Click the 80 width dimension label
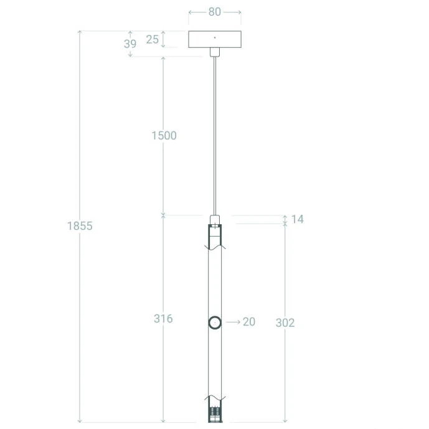[214, 12]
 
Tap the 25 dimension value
[153, 39]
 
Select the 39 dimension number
[130, 44]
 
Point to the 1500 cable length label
[164, 136]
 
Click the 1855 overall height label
[80, 226]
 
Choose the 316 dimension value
[163, 318]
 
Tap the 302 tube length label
[285, 323]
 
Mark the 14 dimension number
[298, 219]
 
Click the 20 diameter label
[249, 322]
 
